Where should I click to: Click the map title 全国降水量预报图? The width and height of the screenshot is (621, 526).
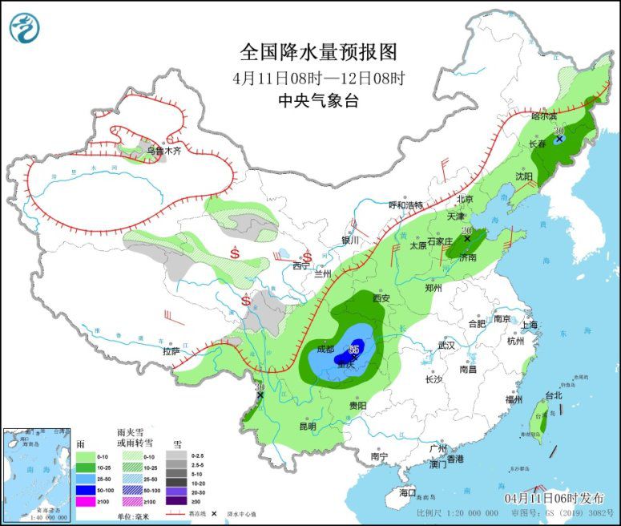click(318, 53)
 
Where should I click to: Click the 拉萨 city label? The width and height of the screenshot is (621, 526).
click(171, 350)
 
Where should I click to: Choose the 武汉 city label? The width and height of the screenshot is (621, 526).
click(446, 346)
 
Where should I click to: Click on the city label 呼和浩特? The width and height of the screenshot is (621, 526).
click(405, 205)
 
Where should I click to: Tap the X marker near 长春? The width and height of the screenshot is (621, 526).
click(558, 139)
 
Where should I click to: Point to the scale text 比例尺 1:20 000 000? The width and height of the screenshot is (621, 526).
click(458, 512)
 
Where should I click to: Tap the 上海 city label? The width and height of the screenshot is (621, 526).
click(528, 326)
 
